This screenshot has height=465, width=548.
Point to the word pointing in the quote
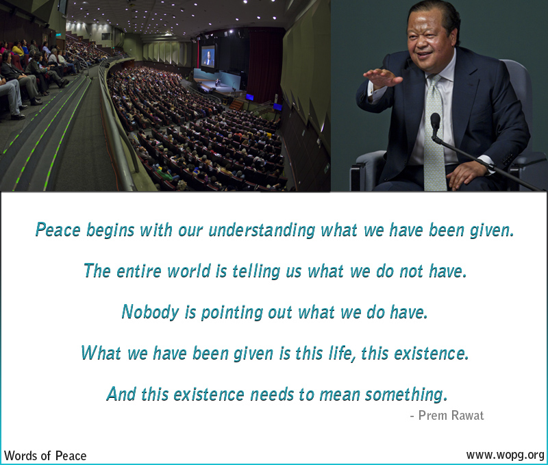[241, 313]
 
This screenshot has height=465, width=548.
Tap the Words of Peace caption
[45, 455]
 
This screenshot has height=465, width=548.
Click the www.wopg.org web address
[505, 455]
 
